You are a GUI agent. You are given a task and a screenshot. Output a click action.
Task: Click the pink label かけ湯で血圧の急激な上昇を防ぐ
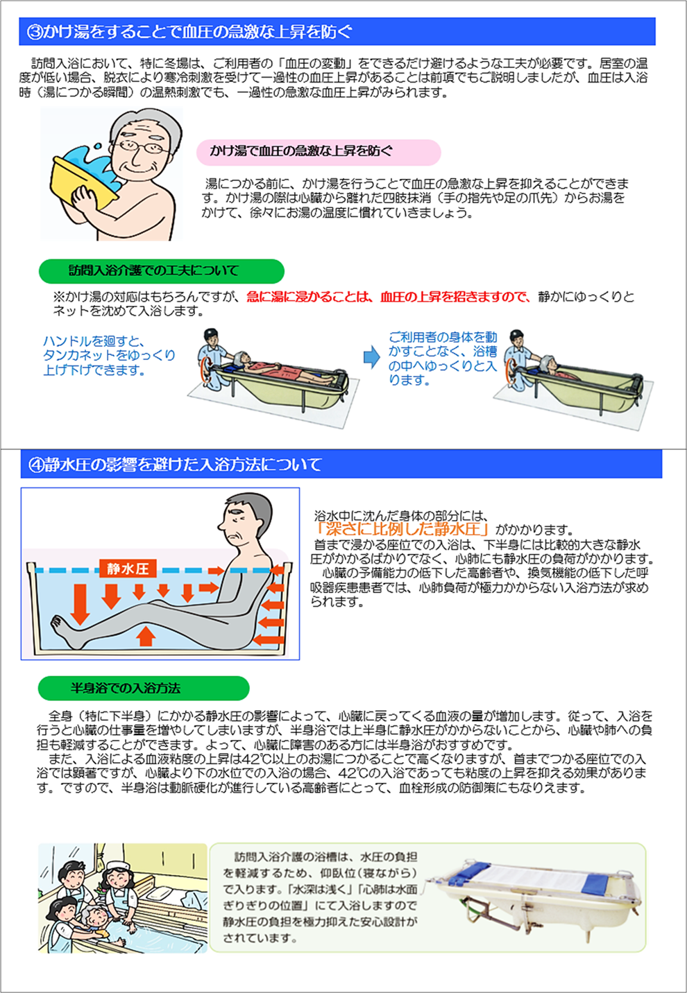[x=319, y=152]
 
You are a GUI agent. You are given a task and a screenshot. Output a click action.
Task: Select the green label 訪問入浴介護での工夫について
[x=162, y=271]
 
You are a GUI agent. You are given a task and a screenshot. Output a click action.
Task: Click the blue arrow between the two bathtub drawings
[x=372, y=357]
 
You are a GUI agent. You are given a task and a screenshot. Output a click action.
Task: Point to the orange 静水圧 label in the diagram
[x=128, y=568]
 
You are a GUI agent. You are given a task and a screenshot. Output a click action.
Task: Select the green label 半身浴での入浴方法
[x=144, y=689]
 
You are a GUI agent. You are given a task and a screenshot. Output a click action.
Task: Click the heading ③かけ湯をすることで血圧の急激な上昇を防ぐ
[x=190, y=32]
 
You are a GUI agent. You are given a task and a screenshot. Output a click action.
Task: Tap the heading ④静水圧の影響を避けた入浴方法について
[x=175, y=465]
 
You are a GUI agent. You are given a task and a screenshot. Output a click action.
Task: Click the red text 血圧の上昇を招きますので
[x=455, y=297]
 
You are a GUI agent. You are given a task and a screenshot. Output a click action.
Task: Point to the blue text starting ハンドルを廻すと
[x=109, y=356]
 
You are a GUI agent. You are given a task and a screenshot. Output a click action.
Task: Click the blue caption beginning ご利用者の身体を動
[x=443, y=359]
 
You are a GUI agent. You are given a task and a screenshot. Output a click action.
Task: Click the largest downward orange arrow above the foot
[x=80, y=604]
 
